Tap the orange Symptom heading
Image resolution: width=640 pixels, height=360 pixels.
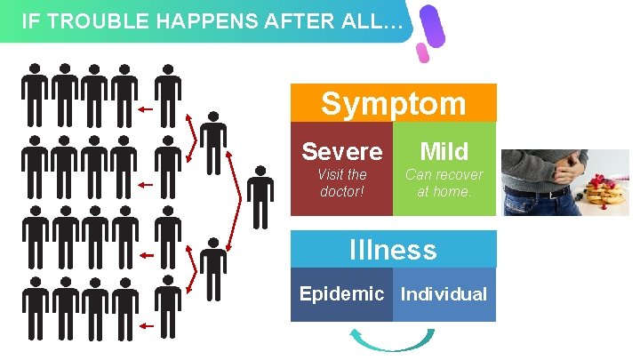point(393,103)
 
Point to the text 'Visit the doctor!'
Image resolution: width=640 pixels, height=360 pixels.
point(342,183)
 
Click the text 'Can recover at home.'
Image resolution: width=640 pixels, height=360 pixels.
point(444,183)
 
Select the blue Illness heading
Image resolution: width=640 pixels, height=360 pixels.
point(393,250)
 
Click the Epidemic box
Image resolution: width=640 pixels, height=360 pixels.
point(341,294)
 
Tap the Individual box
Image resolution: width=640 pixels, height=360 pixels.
point(444,294)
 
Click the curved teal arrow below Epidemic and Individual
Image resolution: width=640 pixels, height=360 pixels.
point(392,341)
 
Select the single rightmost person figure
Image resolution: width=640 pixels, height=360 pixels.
point(260,196)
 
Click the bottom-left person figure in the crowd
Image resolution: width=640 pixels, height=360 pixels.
point(35,307)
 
